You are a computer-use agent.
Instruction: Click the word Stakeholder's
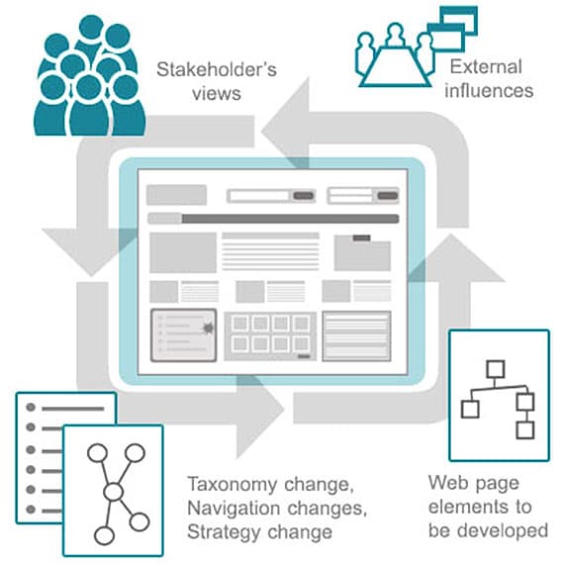[217, 69]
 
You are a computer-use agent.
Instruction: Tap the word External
[486, 67]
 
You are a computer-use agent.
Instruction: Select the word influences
[489, 90]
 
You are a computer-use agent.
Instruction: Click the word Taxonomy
[232, 485]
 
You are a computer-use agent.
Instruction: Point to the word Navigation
[234, 509]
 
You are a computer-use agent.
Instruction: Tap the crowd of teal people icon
[90, 76]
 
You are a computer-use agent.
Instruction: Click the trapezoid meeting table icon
[395, 66]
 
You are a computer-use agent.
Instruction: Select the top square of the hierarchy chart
[495, 369]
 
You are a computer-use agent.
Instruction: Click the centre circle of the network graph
[114, 492]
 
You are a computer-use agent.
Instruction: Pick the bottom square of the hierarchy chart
[524, 429]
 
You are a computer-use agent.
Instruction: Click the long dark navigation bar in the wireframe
[290, 219]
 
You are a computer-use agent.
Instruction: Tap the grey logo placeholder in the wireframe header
[176, 195]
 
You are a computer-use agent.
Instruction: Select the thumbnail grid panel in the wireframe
[270, 336]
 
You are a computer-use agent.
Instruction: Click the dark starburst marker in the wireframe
[208, 329]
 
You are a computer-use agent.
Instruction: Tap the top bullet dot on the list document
[31, 408]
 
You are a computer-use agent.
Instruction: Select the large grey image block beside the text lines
[183, 252]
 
